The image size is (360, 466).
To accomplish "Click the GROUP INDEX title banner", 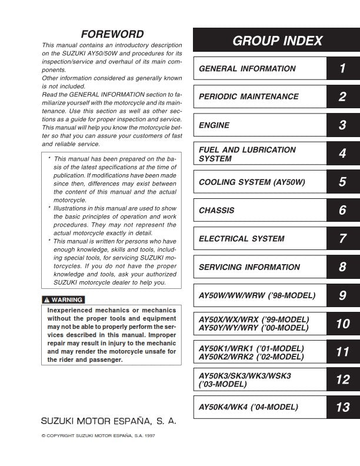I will (x=277, y=41).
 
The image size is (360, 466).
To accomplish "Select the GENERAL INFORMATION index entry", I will (x=247, y=69).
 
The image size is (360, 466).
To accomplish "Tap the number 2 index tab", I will (x=342, y=97).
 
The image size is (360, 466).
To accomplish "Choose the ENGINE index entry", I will (x=214, y=125).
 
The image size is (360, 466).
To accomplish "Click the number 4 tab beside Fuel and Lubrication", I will (x=342, y=154).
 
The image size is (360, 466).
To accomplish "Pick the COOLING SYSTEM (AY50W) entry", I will (x=252, y=182).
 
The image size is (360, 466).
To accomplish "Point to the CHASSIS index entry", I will (x=216, y=211).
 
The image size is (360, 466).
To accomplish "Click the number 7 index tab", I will (x=342, y=239).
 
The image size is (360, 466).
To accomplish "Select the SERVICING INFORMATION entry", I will (x=249, y=267).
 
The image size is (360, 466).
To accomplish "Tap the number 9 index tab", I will (x=342, y=295).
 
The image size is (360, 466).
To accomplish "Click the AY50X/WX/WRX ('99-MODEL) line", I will (x=254, y=319).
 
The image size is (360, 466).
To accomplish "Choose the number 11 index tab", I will (x=342, y=352).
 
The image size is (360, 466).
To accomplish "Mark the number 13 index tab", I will (x=342, y=407).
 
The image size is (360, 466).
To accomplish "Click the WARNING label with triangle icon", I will (x=62, y=299).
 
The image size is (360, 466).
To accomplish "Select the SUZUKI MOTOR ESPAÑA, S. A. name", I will (x=108, y=422).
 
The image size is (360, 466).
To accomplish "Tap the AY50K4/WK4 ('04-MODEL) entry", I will (x=248, y=407).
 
